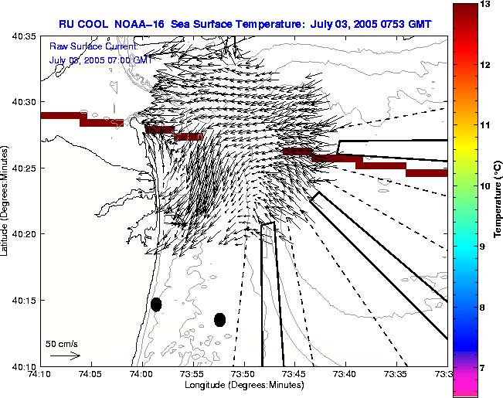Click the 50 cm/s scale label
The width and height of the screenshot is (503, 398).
(62, 344)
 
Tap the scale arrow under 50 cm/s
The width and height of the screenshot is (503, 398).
(65, 355)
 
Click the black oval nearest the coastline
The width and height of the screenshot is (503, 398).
(156, 304)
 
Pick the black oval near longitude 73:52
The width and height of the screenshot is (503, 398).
(219, 319)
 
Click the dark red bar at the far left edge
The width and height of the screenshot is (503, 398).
(60, 116)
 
